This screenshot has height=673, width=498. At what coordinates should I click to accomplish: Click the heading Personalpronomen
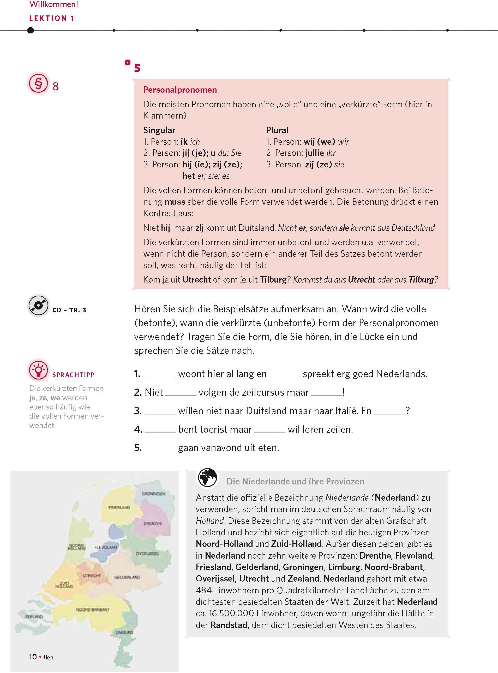tap(180, 90)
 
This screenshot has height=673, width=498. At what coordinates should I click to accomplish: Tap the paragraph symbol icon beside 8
tap(38, 83)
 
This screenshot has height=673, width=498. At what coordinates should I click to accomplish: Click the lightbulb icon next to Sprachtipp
tap(38, 370)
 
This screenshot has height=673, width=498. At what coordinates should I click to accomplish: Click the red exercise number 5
tap(137, 68)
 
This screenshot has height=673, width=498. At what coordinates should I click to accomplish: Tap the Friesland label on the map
tap(119, 507)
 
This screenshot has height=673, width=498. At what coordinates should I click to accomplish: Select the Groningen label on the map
tap(153, 494)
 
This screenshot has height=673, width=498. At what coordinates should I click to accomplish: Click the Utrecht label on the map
tap(92, 576)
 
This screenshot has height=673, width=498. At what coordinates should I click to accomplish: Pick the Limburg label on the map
tap(124, 632)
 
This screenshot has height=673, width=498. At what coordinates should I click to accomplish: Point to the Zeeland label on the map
tap(34, 616)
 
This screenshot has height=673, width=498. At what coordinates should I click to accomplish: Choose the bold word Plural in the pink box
tap(277, 130)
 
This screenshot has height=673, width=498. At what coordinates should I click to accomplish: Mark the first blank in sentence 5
tap(160, 448)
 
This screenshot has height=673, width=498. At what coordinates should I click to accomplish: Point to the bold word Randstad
tap(229, 625)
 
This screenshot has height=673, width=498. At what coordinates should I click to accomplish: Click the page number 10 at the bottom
tap(33, 657)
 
